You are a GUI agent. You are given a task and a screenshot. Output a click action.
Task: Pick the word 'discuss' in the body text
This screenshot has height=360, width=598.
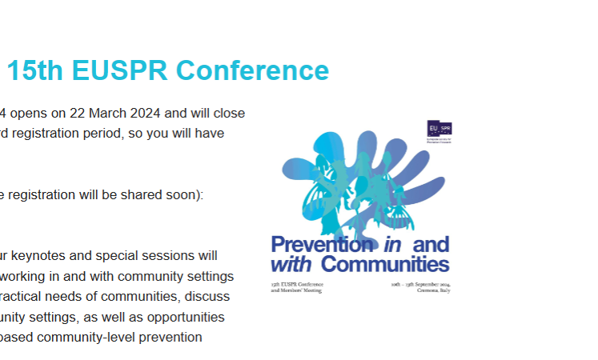(x=211, y=297)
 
